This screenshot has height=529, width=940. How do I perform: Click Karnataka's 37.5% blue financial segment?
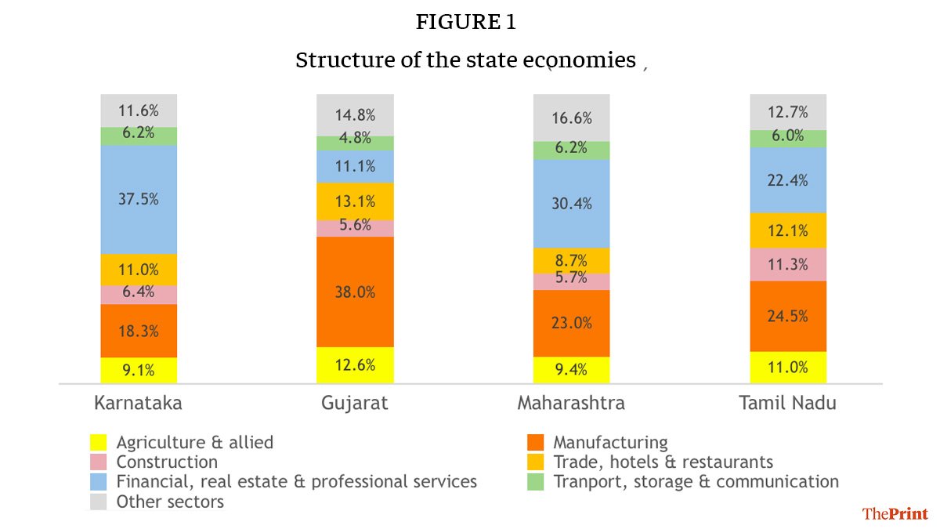[139, 199]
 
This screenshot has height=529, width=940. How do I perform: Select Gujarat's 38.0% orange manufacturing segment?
[355, 292]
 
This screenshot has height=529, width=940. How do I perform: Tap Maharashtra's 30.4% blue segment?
[571, 204]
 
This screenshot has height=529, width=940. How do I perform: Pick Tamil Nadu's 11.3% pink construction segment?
[787, 264]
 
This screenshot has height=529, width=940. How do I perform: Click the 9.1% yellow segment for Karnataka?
[139, 370]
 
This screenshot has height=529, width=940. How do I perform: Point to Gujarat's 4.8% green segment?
[355, 143]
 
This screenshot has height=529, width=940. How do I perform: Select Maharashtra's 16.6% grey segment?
[571, 118]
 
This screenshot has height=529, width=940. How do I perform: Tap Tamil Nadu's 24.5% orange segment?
[787, 316]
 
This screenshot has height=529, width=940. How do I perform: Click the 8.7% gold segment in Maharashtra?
[571, 260]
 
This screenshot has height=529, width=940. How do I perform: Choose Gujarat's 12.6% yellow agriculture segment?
[355, 364]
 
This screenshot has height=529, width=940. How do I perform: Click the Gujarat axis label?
[355, 404]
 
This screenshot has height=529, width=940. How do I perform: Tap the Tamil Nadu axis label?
[787, 404]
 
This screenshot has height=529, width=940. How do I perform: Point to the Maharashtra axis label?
[571, 404]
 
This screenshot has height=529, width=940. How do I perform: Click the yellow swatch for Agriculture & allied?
[99, 443]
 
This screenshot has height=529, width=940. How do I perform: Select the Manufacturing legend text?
[610, 443]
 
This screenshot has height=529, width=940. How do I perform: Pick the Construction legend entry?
[167, 462]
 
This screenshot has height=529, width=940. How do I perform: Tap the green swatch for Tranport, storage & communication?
[535, 482]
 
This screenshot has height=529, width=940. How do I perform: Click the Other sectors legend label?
[170, 502]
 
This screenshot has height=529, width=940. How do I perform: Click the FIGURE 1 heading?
[465, 23]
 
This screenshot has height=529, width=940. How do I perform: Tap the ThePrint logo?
[895, 514]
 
